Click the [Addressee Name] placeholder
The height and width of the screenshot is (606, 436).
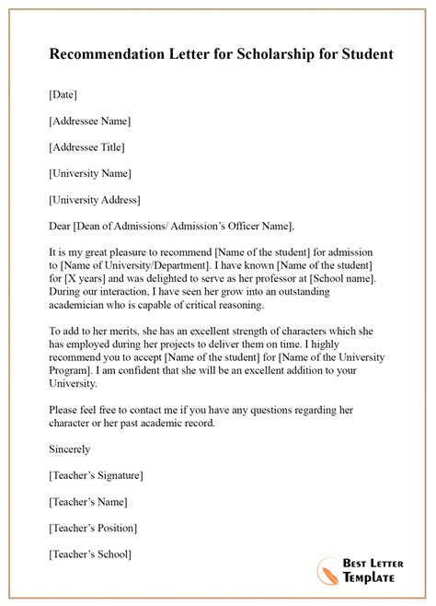87,121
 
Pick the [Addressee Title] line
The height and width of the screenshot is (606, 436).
84,146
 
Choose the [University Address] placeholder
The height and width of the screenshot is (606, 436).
93,199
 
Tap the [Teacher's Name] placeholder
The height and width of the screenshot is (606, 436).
86,502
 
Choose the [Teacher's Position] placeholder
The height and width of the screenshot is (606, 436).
91,528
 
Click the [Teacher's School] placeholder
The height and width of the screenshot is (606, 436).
88,554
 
